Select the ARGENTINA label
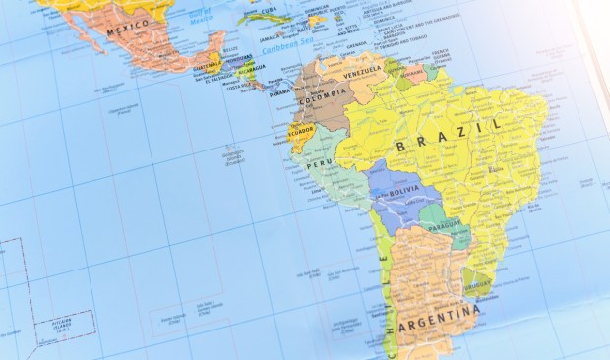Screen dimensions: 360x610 (x=437, y=320)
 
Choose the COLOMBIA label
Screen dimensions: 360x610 (x=326, y=94)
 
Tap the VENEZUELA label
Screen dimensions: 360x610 (x=361, y=71)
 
